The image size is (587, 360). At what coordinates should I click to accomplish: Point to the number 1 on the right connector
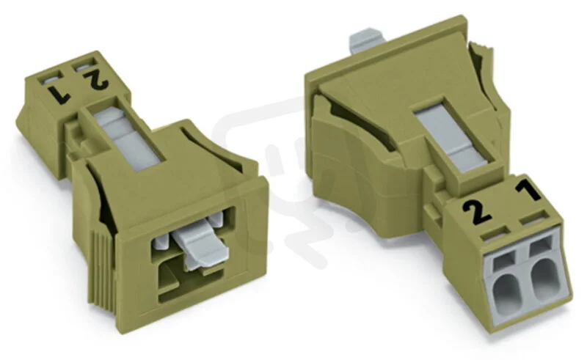coord(528,191)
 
